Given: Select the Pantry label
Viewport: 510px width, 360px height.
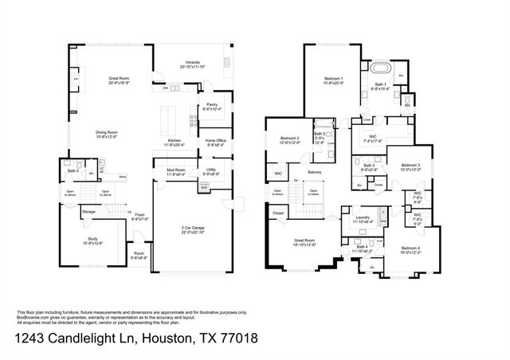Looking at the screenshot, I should point(212,104).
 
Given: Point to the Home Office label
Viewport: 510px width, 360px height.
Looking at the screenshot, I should point(216,140).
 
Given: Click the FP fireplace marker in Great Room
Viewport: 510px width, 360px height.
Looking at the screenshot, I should point(76,80).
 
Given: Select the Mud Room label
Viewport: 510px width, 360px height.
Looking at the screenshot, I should point(176,170).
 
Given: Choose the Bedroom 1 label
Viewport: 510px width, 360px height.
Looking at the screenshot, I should point(334,78).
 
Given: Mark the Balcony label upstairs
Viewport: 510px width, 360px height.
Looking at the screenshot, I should point(315,171).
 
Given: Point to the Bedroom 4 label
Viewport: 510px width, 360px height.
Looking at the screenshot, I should point(409,248).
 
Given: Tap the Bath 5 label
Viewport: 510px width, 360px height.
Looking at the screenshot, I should point(73,171).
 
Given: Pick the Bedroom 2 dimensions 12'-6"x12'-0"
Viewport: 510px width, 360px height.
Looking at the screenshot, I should point(289,143).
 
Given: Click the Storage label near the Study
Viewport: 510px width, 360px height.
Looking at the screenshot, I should point(88,212).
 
